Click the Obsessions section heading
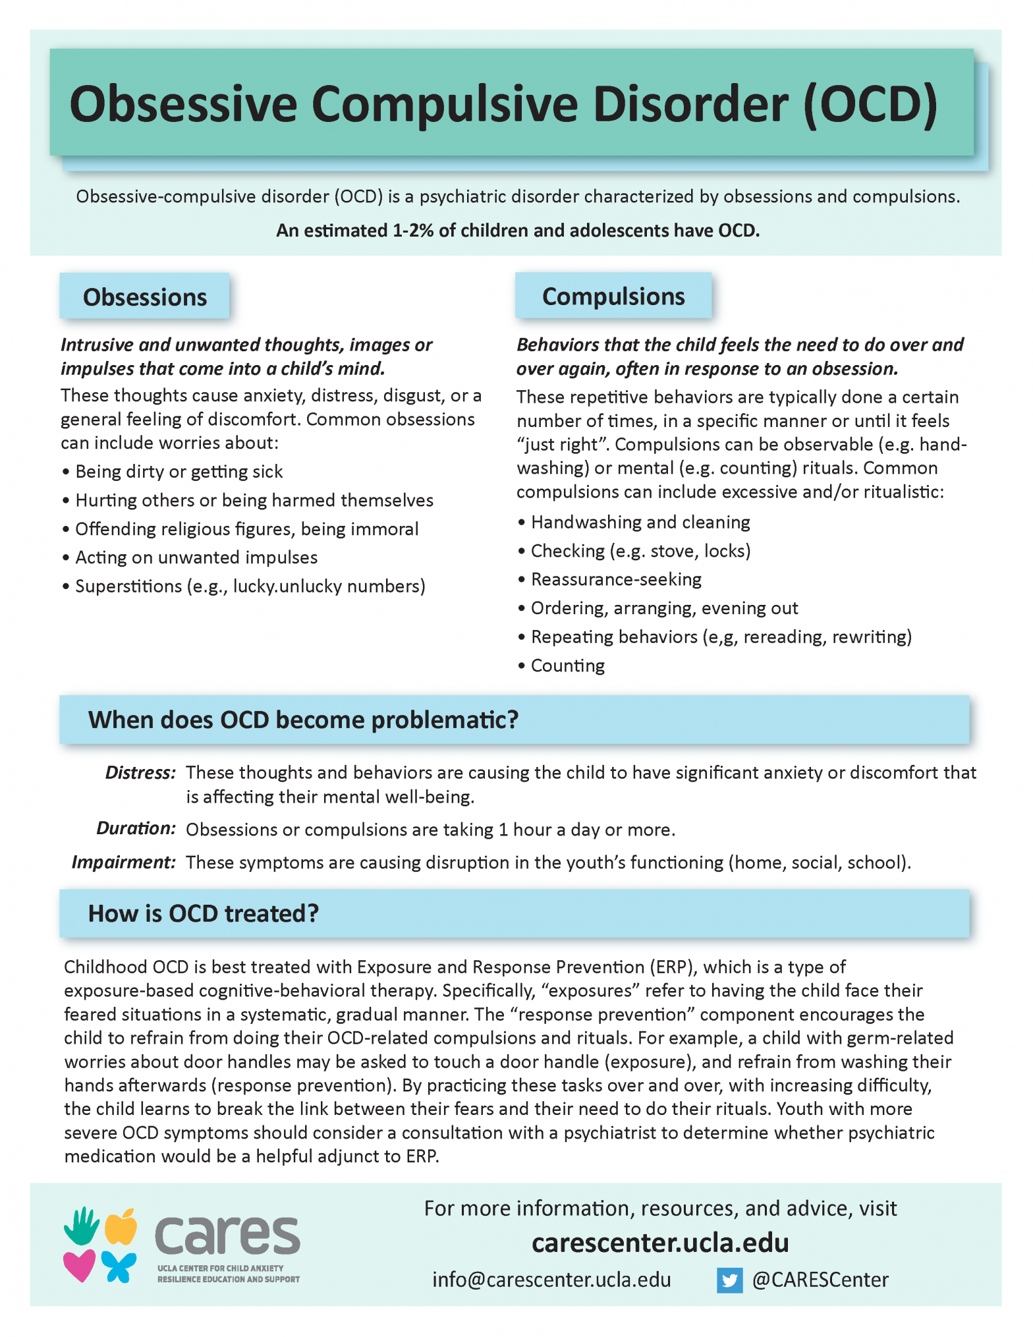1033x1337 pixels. pos(144,297)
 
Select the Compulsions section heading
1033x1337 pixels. pos(613,297)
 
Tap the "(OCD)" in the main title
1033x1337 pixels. pos(870,103)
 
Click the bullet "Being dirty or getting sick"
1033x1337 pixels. pos(179,472)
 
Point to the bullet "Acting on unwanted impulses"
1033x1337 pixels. pos(196,557)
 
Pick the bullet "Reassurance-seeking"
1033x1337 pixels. pos(615,579)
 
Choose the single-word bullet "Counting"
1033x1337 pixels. pos(567,666)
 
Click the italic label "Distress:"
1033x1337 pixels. pos(140,772)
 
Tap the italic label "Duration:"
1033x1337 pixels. pos(136,828)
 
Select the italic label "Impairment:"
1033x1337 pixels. pos(123,862)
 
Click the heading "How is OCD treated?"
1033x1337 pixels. pos(203,913)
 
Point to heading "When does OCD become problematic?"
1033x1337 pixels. pos(303,720)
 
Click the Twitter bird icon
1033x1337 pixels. pos(729,1280)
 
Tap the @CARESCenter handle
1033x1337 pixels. pos(820,1280)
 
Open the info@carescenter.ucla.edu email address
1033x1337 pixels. pos(551,1280)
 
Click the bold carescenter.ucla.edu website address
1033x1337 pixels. pos(660,1243)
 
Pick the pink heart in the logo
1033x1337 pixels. pos(79,1266)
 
